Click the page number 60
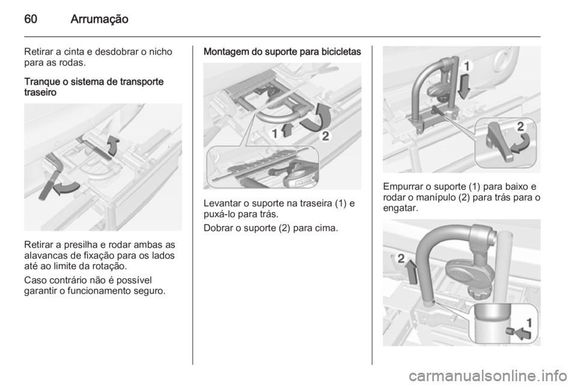tap(31, 19)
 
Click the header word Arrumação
tap(99, 19)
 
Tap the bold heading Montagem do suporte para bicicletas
tap(282, 52)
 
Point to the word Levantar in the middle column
tap(222, 203)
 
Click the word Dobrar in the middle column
tap(218, 228)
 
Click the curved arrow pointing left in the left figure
tap(66, 188)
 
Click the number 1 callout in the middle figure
tap(275, 133)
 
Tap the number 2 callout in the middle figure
tap(325, 136)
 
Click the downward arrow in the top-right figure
tap(464, 87)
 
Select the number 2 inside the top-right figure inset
tap(521, 127)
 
